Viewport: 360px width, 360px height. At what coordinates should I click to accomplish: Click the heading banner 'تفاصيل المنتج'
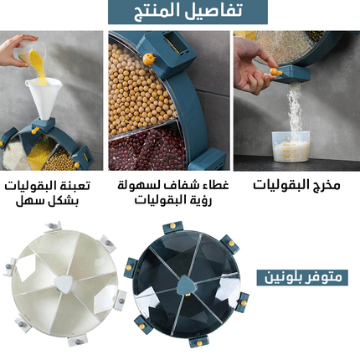(188, 12)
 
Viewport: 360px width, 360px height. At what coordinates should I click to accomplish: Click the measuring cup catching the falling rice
(291, 147)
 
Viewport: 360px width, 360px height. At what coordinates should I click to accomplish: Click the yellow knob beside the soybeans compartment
(150, 59)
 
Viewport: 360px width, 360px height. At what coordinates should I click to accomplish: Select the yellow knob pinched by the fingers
(275, 71)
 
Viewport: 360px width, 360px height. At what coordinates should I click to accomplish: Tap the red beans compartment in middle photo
(145, 149)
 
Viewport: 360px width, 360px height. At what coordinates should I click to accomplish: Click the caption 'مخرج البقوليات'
(296, 185)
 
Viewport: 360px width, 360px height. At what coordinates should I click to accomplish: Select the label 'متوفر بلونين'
(302, 277)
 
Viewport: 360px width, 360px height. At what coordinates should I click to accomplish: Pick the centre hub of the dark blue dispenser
(187, 285)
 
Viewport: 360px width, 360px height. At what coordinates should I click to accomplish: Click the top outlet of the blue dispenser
(172, 227)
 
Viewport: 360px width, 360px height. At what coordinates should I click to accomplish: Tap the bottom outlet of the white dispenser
(77, 340)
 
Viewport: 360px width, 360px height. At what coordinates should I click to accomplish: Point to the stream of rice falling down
(294, 111)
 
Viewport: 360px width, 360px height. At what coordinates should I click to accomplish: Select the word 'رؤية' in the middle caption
(200, 201)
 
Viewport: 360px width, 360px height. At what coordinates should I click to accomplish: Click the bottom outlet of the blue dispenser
(198, 342)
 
